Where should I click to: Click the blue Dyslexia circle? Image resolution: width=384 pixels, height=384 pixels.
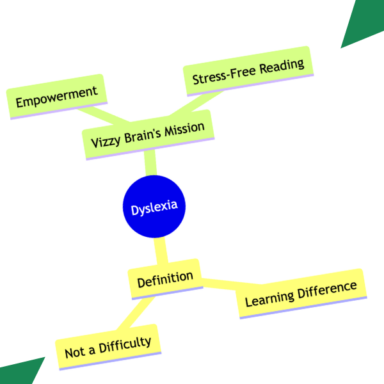click(x=154, y=207)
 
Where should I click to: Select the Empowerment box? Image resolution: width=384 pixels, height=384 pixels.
click(x=57, y=97)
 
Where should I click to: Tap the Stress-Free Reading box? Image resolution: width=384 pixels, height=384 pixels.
click(x=248, y=71)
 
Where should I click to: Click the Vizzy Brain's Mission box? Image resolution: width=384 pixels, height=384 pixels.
click(x=148, y=135)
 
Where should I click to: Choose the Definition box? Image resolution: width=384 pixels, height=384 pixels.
click(x=165, y=279)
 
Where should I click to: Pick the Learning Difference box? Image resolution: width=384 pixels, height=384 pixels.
click(x=301, y=294)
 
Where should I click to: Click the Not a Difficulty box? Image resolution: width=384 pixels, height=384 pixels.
click(x=108, y=347)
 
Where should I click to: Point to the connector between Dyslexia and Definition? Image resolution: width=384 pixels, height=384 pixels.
click(x=161, y=251)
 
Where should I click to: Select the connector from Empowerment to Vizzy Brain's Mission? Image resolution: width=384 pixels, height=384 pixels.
click(x=104, y=115)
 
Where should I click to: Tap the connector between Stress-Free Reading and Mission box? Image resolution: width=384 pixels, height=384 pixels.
click(x=196, y=103)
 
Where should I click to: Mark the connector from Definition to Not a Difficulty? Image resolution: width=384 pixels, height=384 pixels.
click(x=136, y=313)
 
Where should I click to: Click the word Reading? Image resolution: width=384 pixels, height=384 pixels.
click(x=282, y=66)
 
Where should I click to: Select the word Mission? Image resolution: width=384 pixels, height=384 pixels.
click(x=184, y=129)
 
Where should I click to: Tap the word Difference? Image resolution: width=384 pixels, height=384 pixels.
click(x=327, y=291)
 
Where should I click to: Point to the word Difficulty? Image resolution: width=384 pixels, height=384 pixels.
click(x=125, y=344)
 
